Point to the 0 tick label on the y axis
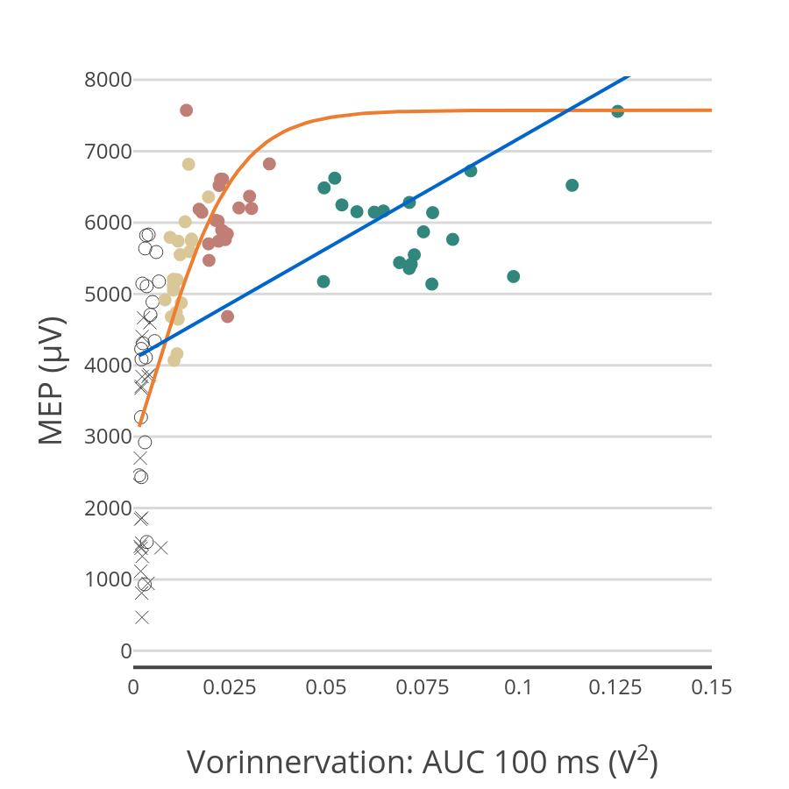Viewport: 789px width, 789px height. pos(126,650)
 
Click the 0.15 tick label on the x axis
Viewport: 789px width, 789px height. pos(711,688)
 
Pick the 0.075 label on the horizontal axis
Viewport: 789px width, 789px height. pos(423,688)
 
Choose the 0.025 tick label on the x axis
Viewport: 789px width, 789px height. pos(230,688)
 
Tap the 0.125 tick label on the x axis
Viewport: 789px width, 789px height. pos(615,688)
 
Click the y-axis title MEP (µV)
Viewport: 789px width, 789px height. pos(52,380)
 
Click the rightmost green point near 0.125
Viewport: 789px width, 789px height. pos(617,111)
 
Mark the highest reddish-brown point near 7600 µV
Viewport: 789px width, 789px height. pos(186,110)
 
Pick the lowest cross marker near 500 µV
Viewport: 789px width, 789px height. pos(142,617)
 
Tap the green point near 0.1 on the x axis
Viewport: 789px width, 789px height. pos(514,276)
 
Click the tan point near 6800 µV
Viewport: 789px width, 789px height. pos(188,164)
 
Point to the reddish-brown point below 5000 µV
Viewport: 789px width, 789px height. pos(227,316)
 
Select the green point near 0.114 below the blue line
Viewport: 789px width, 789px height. pos(572,185)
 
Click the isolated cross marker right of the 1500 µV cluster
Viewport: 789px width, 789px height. pos(160,548)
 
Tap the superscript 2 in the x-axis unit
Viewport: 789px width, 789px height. pos(643,750)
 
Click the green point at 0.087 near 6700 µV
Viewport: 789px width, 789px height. pos(471,171)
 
